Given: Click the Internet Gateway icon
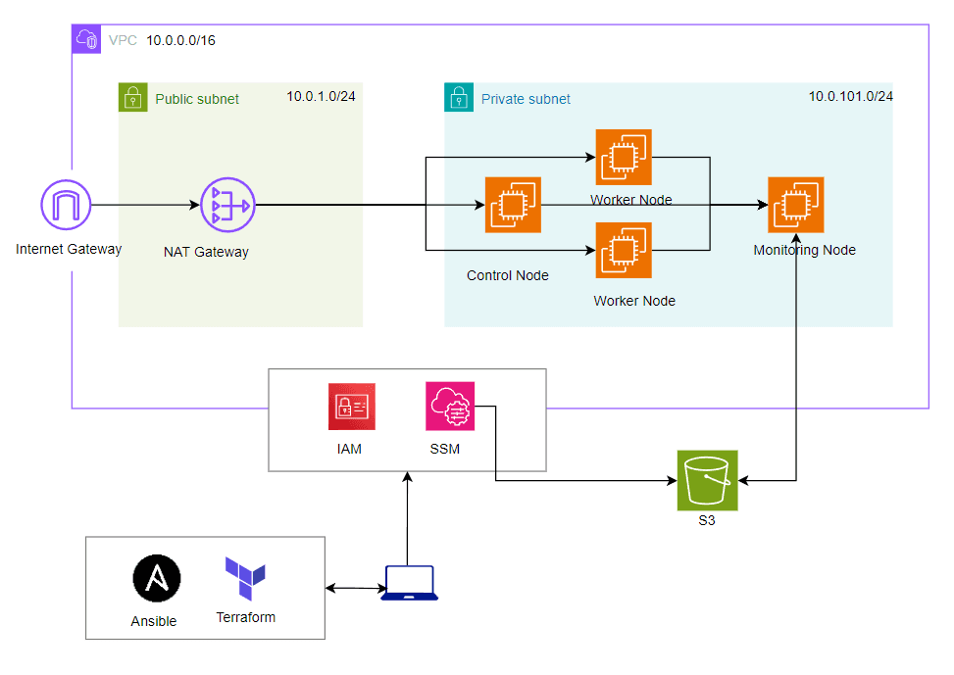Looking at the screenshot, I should point(66,206).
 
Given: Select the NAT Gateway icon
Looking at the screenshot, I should point(227,206).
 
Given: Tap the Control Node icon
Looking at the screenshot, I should point(513,205).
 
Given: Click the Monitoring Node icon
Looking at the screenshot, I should point(795,205).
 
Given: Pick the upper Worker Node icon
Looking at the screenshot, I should point(624,157).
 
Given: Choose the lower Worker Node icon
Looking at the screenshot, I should point(624,251).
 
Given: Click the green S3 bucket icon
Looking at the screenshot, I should point(707,480).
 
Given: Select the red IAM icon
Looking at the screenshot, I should point(351,407).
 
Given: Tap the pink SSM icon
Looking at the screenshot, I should point(450,407).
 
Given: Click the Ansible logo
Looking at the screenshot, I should point(157,580).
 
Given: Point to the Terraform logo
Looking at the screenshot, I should point(245,579).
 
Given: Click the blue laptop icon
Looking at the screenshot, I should point(410,583).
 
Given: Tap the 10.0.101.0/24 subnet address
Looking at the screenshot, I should point(850,97).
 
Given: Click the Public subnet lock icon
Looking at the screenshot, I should point(132,98).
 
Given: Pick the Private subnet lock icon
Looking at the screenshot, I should point(458,98).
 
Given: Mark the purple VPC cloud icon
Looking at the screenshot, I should point(86,40).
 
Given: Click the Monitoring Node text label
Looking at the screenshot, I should point(804,250).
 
